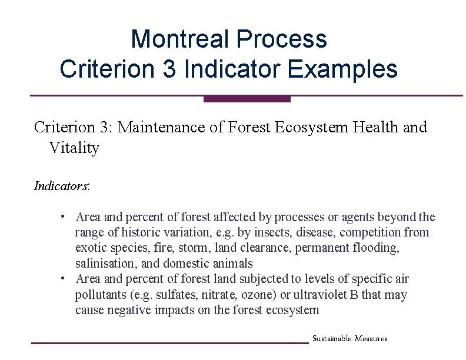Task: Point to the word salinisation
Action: tap(104, 263)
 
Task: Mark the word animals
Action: tap(232, 263)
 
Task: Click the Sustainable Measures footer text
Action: tap(349, 339)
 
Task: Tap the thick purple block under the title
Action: tap(247, 99)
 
